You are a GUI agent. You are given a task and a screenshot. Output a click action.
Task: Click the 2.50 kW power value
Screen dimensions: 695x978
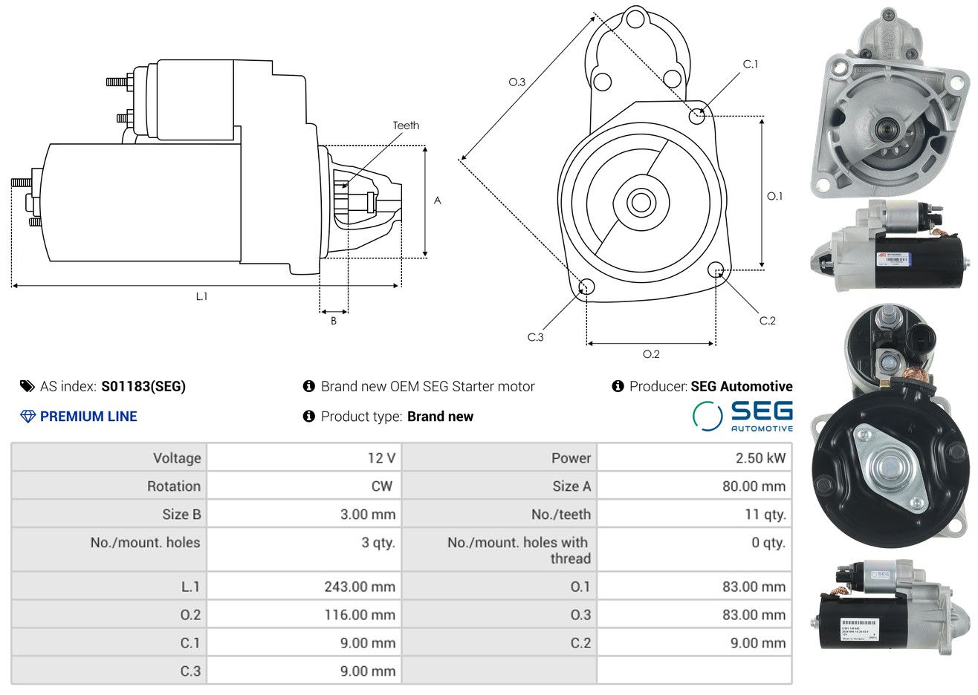click(760, 458)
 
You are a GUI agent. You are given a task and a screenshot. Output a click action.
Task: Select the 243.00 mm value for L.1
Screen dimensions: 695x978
click(360, 587)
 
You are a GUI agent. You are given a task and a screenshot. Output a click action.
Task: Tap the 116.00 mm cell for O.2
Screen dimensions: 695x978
click(360, 615)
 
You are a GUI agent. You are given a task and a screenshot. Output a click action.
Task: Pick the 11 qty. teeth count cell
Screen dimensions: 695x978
click(765, 515)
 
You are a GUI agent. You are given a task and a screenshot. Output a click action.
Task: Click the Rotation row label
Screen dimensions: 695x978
click(174, 486)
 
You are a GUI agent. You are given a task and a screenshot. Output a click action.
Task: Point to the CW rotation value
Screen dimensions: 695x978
click(382, 486)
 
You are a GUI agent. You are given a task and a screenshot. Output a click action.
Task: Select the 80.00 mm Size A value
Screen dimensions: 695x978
click(754, 486)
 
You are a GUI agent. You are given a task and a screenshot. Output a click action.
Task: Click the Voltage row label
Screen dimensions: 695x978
click(177, 458)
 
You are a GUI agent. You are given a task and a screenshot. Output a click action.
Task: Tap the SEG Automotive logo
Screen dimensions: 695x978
click(742, 416)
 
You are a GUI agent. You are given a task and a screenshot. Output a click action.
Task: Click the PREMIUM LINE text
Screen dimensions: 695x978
click(88, 417)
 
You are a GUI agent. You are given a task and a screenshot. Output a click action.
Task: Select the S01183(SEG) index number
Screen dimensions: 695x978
click(143, 386)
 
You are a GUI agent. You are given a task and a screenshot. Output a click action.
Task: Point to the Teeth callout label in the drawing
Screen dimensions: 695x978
click(406, 125)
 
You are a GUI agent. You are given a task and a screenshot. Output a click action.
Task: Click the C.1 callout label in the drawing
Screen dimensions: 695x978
click(751, 65)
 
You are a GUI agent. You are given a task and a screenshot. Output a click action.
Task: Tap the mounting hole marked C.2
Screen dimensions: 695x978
click(716, 269)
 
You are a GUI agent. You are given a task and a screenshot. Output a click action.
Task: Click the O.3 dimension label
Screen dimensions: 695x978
click(516, 82)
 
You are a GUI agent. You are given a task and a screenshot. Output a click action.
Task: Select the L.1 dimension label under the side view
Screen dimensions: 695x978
click(201, 296)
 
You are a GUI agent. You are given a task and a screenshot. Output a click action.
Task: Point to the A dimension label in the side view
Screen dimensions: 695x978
click(438, 200)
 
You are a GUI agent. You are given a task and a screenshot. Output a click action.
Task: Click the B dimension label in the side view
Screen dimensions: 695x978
click(334, 321)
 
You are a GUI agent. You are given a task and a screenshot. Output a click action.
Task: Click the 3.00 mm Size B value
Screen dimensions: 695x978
click(367, 515)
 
